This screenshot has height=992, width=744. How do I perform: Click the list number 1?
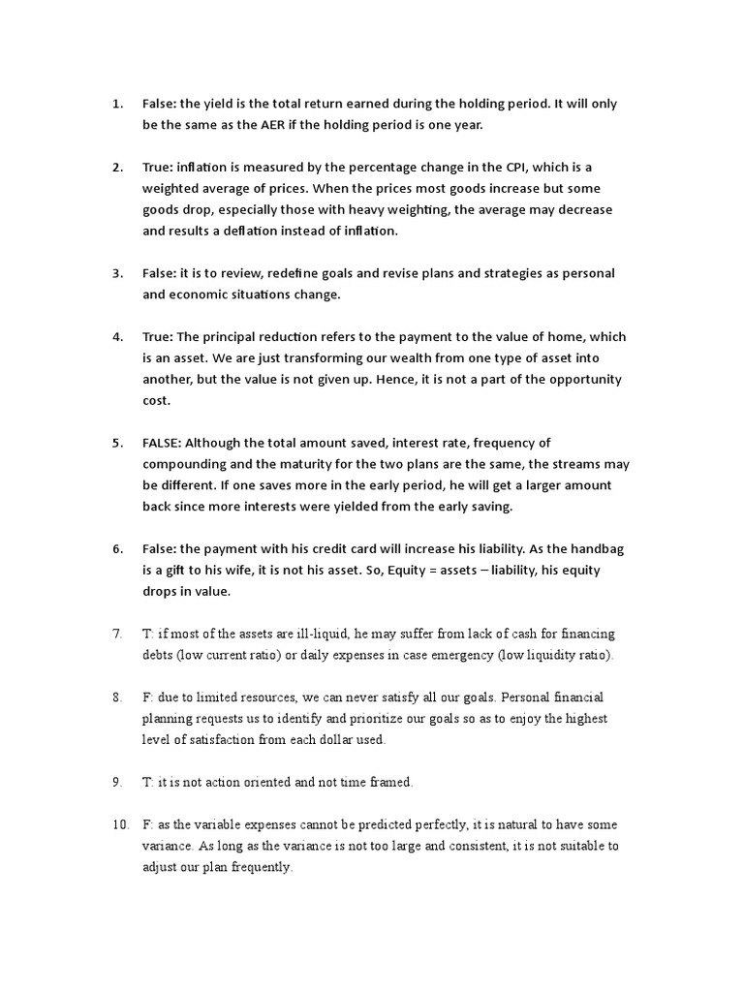[117, 103]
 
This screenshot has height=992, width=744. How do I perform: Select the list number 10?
[121, 824]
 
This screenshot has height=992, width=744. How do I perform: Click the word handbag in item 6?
[595, 548]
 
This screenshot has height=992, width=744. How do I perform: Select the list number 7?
[117, 634]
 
